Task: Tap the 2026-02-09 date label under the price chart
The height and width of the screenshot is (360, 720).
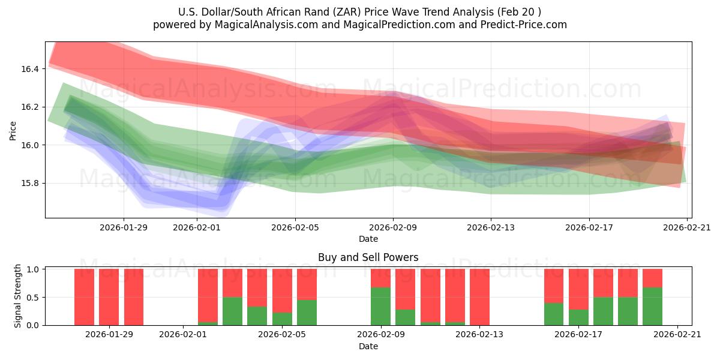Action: click(x=393, y=227)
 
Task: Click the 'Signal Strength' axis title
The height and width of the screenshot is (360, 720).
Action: click(x=18, y=296)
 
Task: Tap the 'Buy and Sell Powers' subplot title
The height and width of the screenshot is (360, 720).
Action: click(x=368, y=257)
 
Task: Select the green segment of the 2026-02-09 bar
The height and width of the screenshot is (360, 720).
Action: click(x=380, y=306)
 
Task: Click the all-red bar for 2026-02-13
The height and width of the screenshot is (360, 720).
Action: click(x=479, y=297)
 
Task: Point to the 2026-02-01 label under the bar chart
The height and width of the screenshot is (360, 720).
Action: click(x=183, y=335)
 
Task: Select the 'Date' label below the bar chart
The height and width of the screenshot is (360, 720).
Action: click(x=368, y=346)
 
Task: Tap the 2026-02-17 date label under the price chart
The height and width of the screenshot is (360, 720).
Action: click(x=589, y=227)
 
